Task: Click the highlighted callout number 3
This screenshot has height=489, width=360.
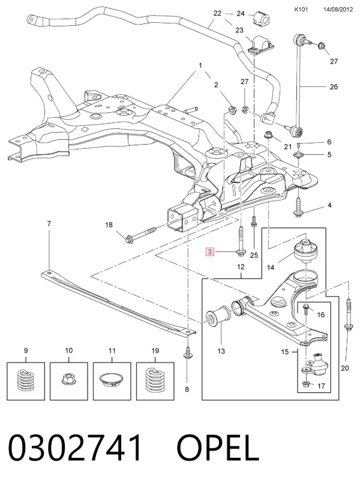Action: click(210, 251)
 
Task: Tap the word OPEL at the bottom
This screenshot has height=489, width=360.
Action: click(218, 448)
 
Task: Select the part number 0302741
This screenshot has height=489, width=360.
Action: click(74, 448)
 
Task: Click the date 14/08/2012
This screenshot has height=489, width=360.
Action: click(338, 10)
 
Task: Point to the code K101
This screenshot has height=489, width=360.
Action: click(301, 10)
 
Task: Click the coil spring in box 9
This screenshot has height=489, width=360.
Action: click(26, 380)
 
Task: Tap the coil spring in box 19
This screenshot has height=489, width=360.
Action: click(155, 380)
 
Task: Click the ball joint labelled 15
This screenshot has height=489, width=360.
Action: click(314, 365)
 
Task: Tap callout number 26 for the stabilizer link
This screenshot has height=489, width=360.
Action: click(334, 86)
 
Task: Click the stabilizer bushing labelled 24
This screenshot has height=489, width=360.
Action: click(260, 19)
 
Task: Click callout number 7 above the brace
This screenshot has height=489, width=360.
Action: click(49, 224)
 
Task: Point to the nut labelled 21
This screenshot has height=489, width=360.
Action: click(268, 136)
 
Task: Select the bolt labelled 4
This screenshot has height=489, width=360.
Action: click(299, 206)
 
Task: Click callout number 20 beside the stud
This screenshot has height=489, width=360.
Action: click(344, 368)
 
